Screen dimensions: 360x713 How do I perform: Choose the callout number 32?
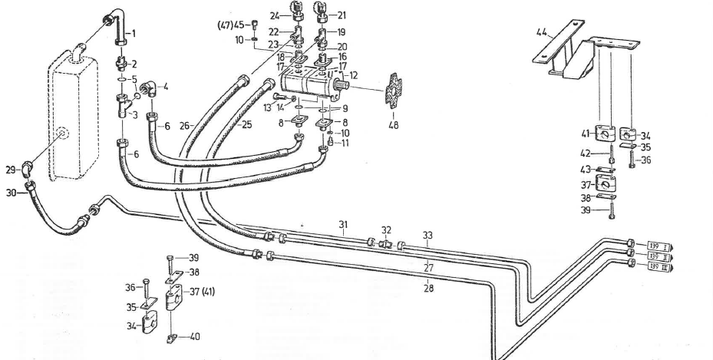[387, 229]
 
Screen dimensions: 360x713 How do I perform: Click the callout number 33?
[427, 236]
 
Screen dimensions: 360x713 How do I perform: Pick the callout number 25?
[245, 124]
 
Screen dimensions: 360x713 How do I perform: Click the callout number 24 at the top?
[274, 15]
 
